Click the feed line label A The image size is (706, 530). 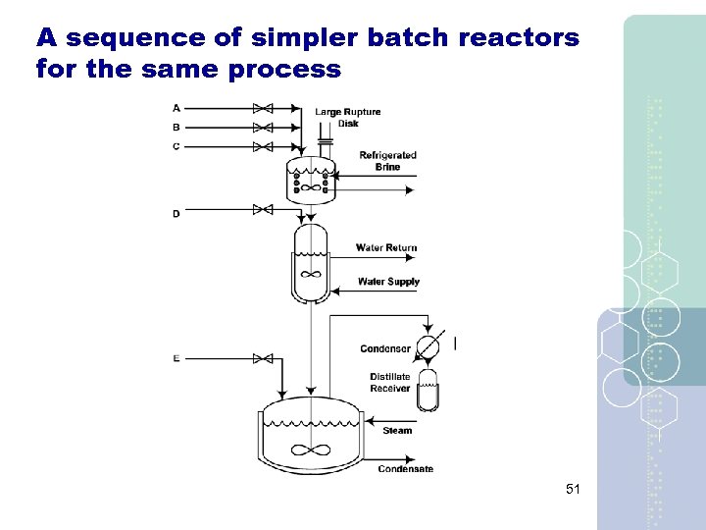click(176, 108)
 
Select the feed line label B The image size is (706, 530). click(176, 128)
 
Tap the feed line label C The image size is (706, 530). click(176, 146)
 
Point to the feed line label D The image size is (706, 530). click(176, 213)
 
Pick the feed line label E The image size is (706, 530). click(176, 358)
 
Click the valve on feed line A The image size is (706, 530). click(262, 108)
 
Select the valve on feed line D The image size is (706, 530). click(262, 209)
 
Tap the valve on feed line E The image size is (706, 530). click(262, 358)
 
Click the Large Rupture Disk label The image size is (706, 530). click(348, 118)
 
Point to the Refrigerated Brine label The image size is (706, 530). click(387, 161)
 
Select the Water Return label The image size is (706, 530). click(385, 247)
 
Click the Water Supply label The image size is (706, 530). click(388, 282)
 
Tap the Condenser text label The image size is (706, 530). click(385, 348)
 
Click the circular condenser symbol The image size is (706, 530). click(428, 346)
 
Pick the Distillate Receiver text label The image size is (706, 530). click(390, 383)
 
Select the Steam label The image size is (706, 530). click(397, 431)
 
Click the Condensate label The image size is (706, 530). click(405, 469)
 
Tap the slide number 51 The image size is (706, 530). click(574, 489)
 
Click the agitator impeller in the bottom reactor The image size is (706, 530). click(312, 450)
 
